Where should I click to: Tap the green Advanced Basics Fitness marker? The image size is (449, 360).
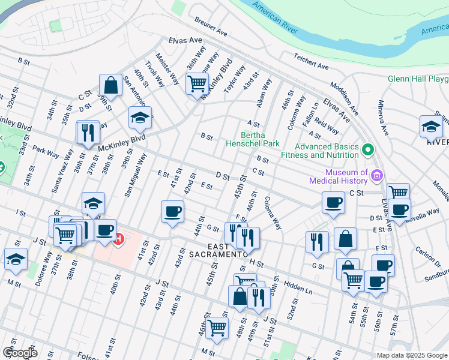point(367,149)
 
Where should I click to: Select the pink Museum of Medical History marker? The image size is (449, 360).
point(376,176)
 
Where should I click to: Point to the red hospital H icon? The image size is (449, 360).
point(119,239)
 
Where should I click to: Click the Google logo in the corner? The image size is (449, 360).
point(20,352)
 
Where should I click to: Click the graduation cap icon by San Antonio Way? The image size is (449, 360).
point(140,118)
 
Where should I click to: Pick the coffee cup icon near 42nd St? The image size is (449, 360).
point(173,212)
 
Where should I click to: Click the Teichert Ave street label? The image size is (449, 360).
point(311,61)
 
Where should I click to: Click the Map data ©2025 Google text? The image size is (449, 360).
point(412,355)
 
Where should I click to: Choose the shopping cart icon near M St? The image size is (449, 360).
point(217,328)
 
